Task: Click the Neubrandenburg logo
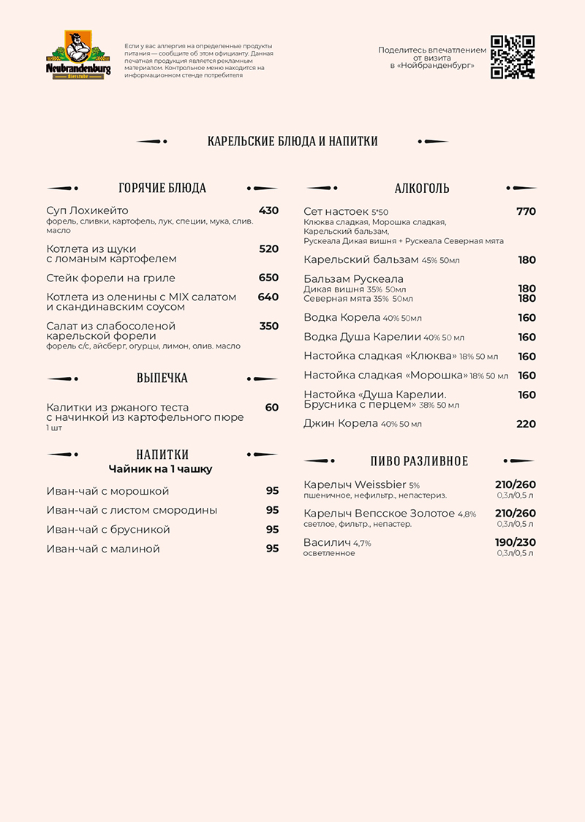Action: pyautogui.click(x=78, y=55)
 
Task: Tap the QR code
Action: pyautogui.click(x=512, y=56)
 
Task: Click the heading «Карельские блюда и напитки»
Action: pyautogui.click(x=292, y=141)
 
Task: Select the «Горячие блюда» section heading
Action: pyautogui.click(x=162, y=188)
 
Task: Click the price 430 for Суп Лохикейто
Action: pyautogui.click(x=268, y=210)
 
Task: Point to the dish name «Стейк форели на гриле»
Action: pyautogui.click(x=110, y=278)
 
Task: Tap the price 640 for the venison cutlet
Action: pyautogui.click(x=268, y=297)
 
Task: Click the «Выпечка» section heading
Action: pyautogui.click(x=162, y=378)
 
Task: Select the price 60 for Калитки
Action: pyautogui.click(x=272, y=407)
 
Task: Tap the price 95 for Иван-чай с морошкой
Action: pyautogui.click(x=272, y=490)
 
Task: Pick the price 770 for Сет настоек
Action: pyautogui.click(x=526, y=211)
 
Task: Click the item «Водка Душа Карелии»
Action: pyautogui.click(x=363, y=337)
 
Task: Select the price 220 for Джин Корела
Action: pyautogui.click(x=526, y=424)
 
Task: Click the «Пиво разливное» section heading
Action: pyautogui.click(x=419, y=461)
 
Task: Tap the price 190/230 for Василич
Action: pyautogui.click(x=516, y=542)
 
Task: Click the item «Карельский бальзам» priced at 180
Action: pyautogui.click(x=361, y=259)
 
